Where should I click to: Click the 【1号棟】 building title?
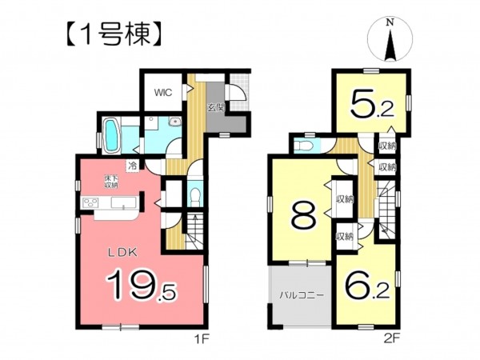click(x=114, y=35)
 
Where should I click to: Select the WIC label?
click(x=163, y=93)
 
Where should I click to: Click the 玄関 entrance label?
click(x=217, y=107)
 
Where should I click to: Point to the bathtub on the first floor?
click(x=113, y=136)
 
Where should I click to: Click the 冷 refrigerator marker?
click(x=133, y=167)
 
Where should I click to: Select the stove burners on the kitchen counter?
click(x=90, y=203)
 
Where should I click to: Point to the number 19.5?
click(x=141, y=286)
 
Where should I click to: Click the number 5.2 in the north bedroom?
click(x=372, y=105)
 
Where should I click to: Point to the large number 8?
click(x=303, y=217)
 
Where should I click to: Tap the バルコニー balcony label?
click(x=302, y=296)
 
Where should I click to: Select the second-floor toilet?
click(x=302, y=145)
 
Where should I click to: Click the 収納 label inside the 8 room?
click(x=345, y=199)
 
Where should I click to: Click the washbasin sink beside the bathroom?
click(x=175, y=122)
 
